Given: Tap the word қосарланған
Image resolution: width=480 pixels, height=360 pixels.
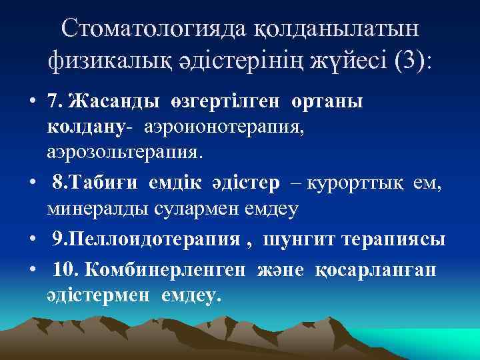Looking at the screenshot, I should click(x=379, y=268).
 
